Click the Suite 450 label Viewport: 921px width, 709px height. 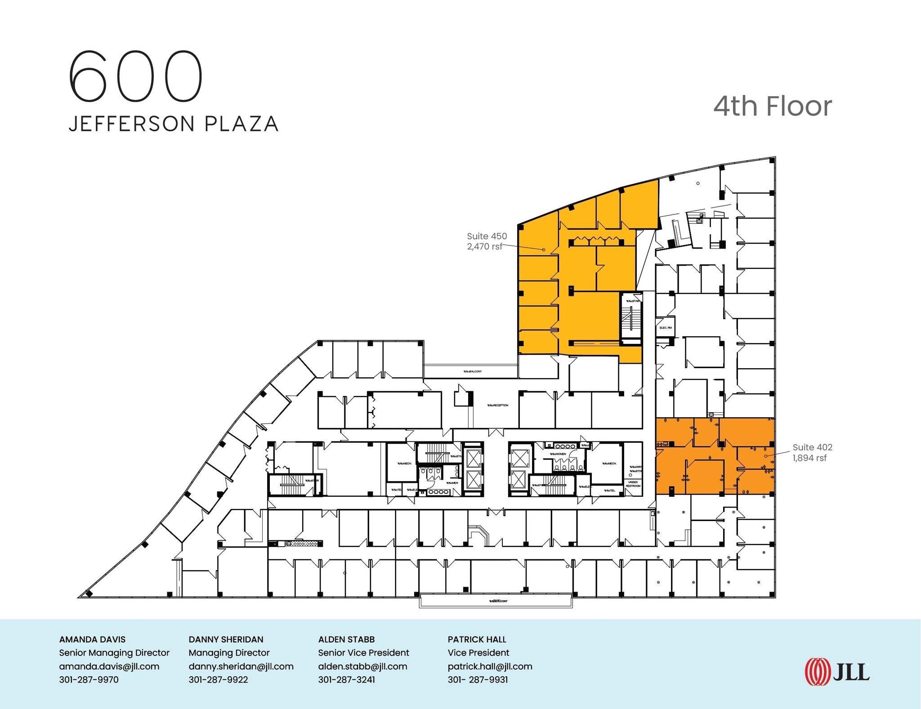tap(487, 236)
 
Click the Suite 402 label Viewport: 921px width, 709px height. tap(812, 447)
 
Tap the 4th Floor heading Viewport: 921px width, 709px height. tap(773, 106)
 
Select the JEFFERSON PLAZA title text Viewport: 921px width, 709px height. tap(174, 124)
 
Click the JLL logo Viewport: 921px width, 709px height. tap(837, 672)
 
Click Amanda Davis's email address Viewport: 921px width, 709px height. tap(109, 666)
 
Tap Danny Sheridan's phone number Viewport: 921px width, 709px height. tap(218, 679)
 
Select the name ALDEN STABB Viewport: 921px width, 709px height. tap(346, 639)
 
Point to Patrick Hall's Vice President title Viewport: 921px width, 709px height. tap(478, 653)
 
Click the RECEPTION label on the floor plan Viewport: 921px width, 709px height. tap(498, 406)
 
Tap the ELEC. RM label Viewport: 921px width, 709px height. tap(666, 328)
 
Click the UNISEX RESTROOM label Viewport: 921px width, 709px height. tap(633, 484)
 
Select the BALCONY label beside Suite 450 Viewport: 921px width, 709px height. tap(473, 372)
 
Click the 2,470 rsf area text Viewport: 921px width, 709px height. tap(484, 246)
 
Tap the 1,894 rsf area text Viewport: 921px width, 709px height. tap(809, 458)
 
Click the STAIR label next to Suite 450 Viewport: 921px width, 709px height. tap(633, 301)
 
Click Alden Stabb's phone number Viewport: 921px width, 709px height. tap(346, 679)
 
